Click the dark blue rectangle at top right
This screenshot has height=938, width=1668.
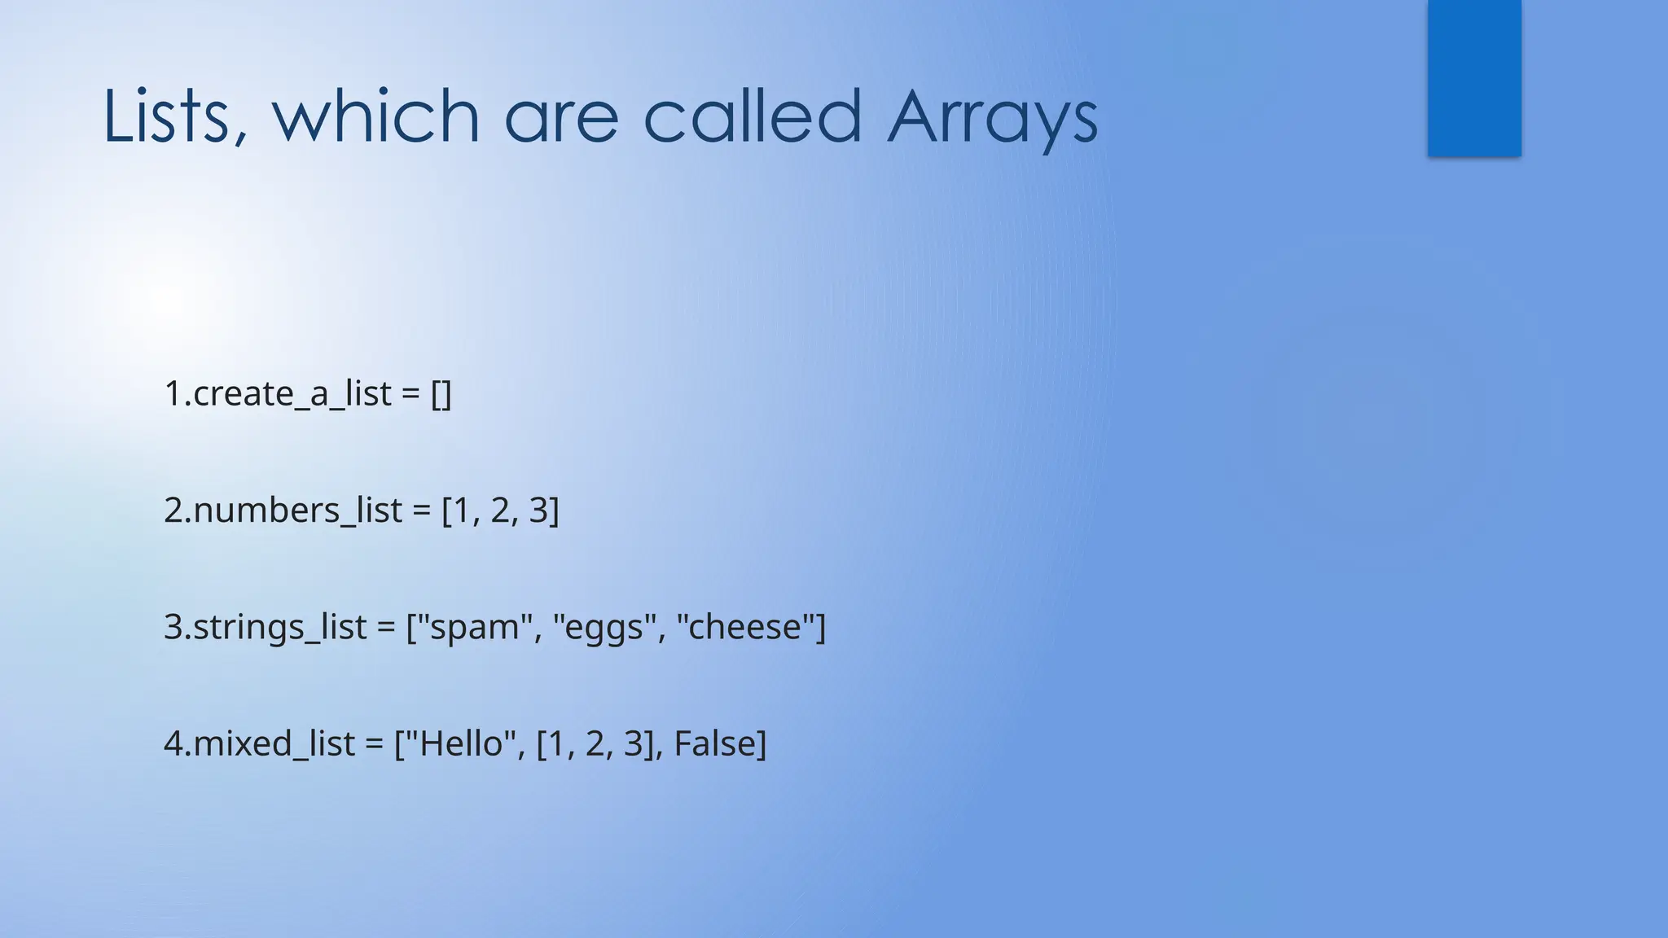(x=1474, y=78)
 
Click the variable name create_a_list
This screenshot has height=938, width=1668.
(x=292, y=394)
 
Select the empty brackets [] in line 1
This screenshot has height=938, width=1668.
(x=441, y=394)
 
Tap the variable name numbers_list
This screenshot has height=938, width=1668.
(x=297, y=511)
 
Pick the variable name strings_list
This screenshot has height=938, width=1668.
(x=279, y=627)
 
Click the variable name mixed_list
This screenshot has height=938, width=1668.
(x=274, y=743)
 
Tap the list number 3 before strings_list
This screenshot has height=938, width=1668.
(x=173, y=627)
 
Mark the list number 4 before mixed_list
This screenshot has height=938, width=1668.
(x=173, y=743)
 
